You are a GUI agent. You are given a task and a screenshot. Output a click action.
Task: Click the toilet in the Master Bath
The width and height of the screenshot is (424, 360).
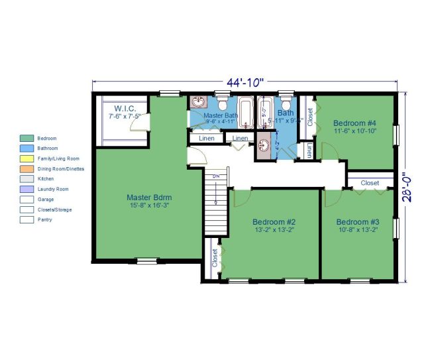point(223,105)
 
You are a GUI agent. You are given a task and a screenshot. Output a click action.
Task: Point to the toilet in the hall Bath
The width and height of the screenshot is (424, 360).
point(286,105)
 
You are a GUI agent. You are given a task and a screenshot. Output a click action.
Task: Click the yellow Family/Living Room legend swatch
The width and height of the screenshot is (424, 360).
point(27,158)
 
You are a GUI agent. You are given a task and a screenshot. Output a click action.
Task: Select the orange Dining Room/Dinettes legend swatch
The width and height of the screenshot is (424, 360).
point(27,168)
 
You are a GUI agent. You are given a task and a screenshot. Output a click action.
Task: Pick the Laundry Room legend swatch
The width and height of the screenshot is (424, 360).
point(27,189)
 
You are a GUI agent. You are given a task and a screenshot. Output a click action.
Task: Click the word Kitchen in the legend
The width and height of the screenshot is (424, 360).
point(46,179)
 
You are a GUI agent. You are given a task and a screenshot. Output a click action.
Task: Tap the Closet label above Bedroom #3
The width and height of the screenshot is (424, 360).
point(370,183)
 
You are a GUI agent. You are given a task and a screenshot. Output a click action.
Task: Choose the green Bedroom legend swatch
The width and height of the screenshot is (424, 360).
point(27,138)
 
